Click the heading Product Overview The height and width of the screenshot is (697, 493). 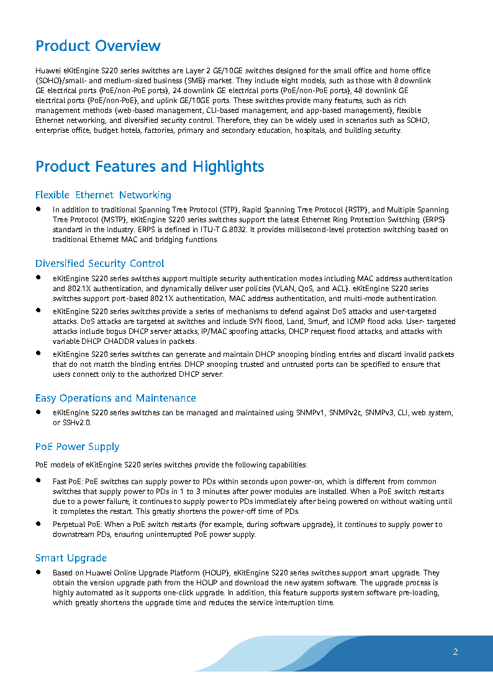98,46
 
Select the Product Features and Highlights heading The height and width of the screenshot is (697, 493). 150,166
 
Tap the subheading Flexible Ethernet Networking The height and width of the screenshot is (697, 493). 103,195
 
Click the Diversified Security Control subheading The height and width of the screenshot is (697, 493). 99,264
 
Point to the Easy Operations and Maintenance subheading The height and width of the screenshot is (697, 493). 115,398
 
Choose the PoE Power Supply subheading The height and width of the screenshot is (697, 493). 77,447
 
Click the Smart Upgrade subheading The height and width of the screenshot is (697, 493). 71,558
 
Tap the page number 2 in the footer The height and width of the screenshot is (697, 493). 455,652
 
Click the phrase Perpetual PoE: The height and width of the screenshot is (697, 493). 77,524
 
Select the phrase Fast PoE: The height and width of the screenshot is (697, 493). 68,482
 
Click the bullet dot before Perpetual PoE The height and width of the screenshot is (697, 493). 38,524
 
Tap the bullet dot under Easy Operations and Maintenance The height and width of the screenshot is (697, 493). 38,412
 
